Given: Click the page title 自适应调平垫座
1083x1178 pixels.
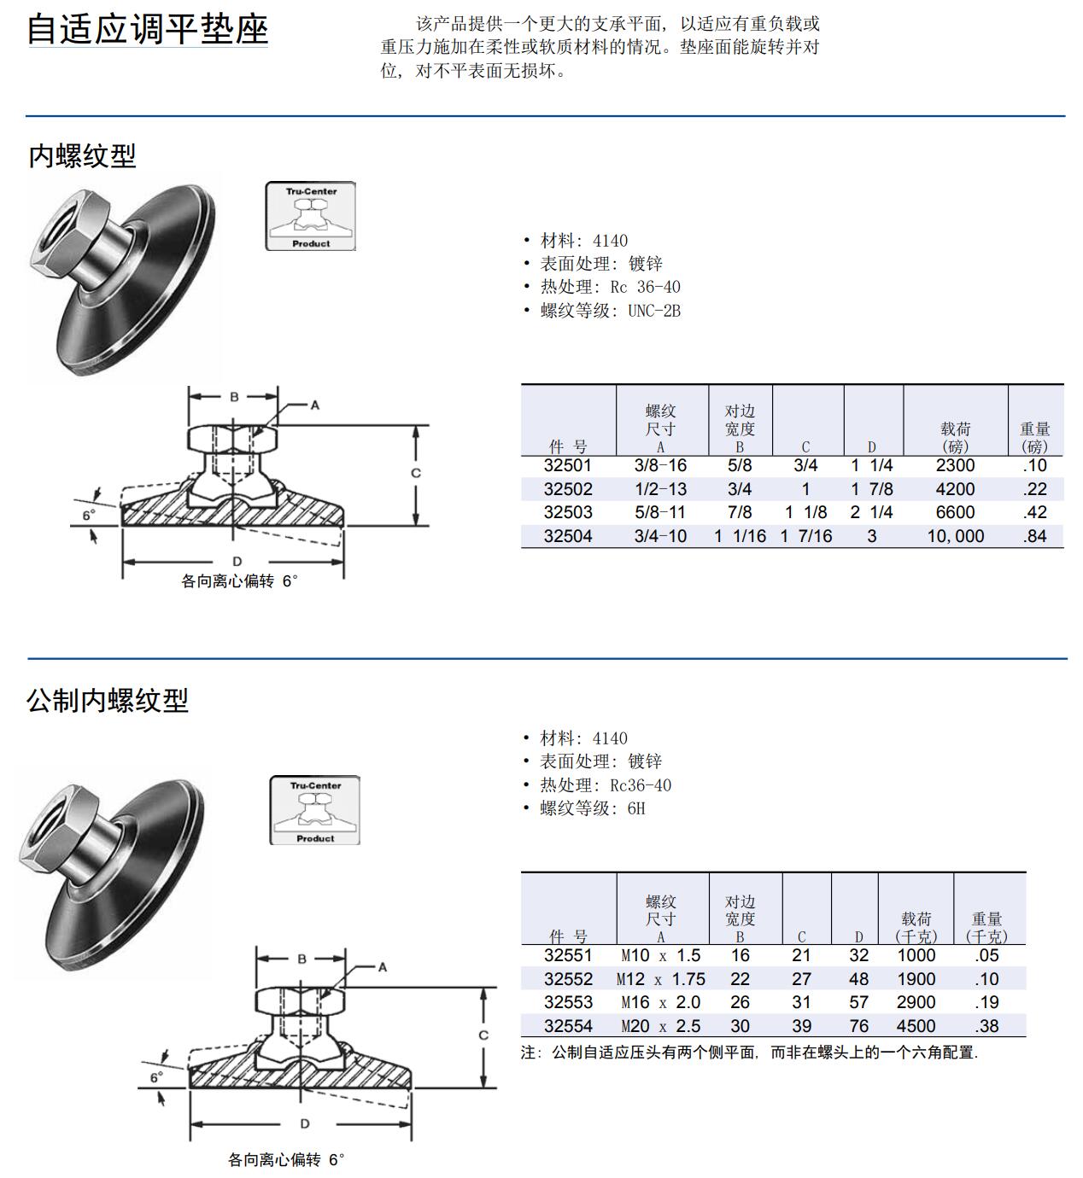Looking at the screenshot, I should point(148,29).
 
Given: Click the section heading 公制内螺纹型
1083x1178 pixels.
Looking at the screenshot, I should point(108,700).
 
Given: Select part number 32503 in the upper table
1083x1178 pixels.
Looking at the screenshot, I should point(567,512).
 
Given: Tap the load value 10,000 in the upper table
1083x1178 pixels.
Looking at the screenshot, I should point(955,536).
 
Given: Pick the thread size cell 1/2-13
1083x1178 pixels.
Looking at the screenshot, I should point(660,489).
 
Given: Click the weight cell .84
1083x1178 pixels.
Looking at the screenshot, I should point(1034,536).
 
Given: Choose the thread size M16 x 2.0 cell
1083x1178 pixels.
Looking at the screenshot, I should point(660,1002).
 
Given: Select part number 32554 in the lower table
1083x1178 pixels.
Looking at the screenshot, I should point(568,1026).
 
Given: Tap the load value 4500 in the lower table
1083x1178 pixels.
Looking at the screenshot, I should point(916,1026).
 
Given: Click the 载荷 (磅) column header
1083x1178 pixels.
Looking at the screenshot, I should point(955,437).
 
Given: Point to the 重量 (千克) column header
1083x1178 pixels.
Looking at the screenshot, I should point(986,927).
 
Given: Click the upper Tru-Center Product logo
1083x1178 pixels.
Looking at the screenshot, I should point(310,216).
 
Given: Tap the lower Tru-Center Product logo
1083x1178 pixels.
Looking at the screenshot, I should point(314,810).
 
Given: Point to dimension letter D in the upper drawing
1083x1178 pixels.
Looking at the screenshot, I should point(237,561).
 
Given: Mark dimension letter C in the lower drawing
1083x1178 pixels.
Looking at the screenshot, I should point(483,1035).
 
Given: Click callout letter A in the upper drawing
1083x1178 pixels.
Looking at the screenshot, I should point(314,405).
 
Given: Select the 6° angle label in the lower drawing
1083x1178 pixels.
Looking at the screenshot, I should point(156,1077).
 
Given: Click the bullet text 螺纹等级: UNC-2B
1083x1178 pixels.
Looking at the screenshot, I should point(610,311).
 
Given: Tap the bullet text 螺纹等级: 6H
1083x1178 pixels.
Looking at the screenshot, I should point(592,808).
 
